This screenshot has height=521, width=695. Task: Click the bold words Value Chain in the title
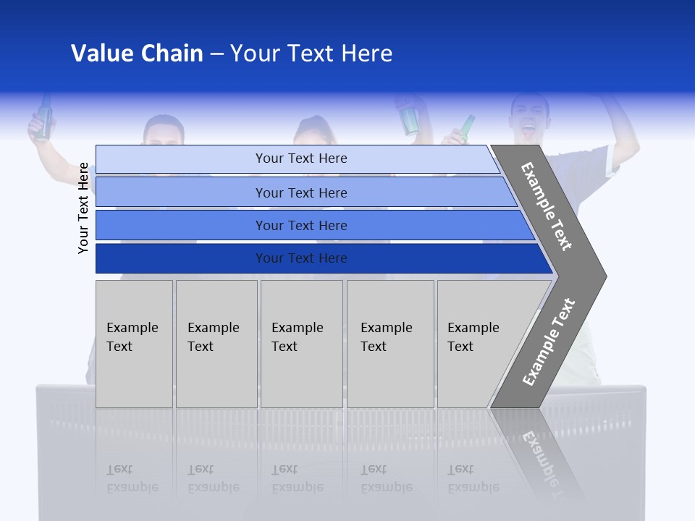[x=137, y=54]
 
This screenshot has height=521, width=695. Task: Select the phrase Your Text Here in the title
[x=311, y=54]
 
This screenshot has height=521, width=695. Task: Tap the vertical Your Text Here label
[x=83, y=208]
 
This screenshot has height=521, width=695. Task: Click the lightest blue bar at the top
[x=297, y=158]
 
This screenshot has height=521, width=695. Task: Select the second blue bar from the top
[x=304, y=192]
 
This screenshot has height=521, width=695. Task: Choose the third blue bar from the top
[x=311, y=225]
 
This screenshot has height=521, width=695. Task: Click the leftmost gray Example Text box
[x=134, y=344]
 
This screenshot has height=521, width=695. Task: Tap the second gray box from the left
[x=216, y=344]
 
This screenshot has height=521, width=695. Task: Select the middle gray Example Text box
[x=301, y=344]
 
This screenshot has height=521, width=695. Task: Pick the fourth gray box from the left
[x=390, y=344]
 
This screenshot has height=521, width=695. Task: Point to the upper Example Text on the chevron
[x=547, y=206]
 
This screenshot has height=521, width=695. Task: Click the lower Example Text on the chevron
[x=548, y=342]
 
